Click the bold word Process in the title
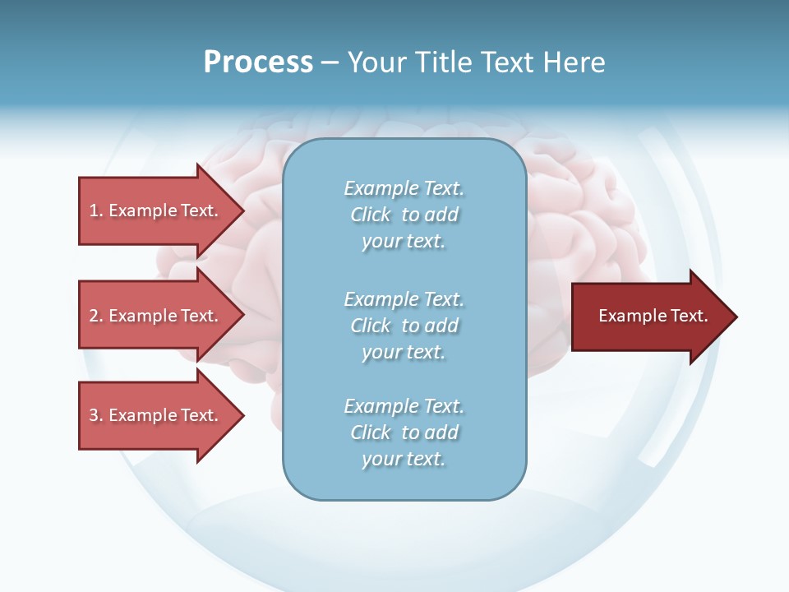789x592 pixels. pyautogui.click(x=258, y=62)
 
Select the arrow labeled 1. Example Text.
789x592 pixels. pyautogui.click(x=156, y=210)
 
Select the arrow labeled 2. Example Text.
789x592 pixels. pyautogui.click(x=156, y=316)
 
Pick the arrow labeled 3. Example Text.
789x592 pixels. pyautogui.click(x=156, y=415)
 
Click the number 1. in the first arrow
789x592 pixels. pyautogui.click(x=96, y=210)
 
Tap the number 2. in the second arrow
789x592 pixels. pyautogui.click(x=96, y=316)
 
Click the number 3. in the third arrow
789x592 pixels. pyautogui.click(x=96, y=415)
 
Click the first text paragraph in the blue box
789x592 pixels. pyautogui.click(x=404, y=215)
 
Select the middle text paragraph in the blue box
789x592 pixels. pyautogui.click(x=404, y=326)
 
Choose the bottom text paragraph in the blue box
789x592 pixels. pyautogui.click(x=404, y=432)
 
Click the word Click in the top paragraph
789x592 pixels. pyautogui.click(x=371, y=215)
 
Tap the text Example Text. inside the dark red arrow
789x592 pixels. pyautogui.click(x=653, y=316)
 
